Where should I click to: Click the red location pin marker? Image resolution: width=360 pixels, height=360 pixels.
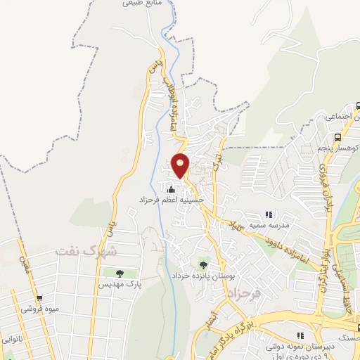click(x=181, y=165)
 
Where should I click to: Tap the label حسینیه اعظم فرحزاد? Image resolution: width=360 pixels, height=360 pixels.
click(x=172, y=200)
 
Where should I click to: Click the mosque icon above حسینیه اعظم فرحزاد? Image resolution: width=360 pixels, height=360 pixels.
click(x=171, y=188)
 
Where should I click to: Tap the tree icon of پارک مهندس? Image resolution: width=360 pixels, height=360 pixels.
click(x=119, y=273)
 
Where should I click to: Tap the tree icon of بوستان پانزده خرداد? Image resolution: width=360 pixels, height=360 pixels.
click(x=203, y=264)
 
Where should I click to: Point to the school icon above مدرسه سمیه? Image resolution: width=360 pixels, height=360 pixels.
click(x=267, y=214)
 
